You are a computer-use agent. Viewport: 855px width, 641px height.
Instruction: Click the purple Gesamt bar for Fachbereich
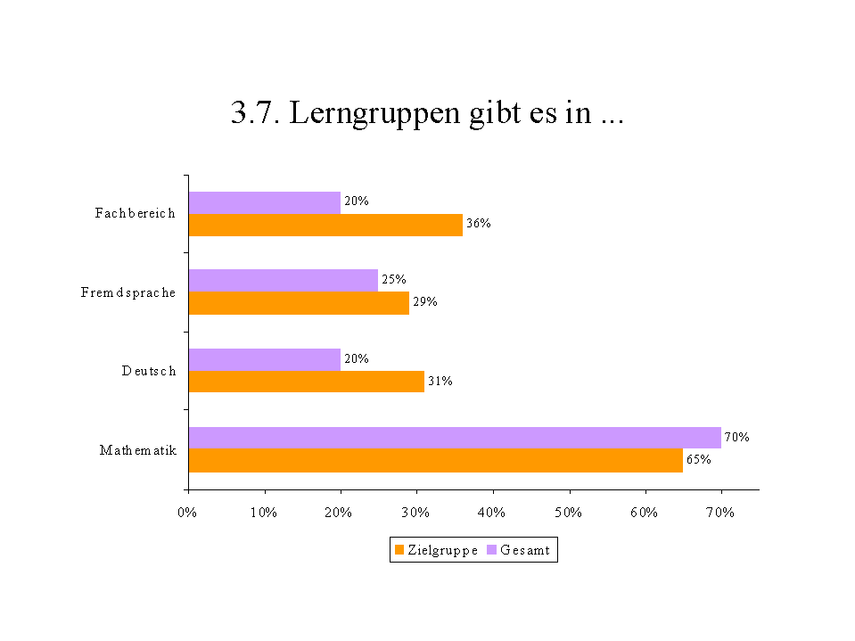(x=264, y=202)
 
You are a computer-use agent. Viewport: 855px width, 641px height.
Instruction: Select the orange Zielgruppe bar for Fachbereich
(x=325, y=225)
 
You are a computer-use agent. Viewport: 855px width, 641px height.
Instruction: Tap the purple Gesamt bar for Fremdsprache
(x=283, y=280)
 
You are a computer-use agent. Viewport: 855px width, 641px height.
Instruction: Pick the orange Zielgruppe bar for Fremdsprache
(x=299, y=303)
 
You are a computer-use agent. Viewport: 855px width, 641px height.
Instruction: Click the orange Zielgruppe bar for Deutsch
(x=306, y=382)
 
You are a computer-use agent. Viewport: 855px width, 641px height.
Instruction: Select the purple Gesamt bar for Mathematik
(x=455, y=438)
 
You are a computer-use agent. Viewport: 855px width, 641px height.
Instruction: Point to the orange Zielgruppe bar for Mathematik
(x=435, y=460)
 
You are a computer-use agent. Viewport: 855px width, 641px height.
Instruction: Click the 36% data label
(x=479, y=224)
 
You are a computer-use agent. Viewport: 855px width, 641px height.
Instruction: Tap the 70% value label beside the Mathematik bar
(x=736, y=438)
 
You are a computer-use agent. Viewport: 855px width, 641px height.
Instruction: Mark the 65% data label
(x=698, y=460)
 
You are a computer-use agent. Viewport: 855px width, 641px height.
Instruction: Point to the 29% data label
(x=424, y=302)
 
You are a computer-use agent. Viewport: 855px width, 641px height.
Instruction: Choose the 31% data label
(x=440, y=382)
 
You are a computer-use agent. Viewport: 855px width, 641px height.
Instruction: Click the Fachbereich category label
(x=136, y=213)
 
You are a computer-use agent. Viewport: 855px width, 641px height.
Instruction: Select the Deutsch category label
(x=149, y=371)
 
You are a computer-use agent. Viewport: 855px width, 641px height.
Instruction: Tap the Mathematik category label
(x=138, y=450)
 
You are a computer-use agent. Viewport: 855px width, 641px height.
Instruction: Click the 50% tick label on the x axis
(x=568, y=513)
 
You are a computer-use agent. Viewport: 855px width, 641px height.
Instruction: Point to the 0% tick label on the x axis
(x=187, y=513)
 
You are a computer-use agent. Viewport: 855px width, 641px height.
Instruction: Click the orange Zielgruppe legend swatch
(x=399, y=550)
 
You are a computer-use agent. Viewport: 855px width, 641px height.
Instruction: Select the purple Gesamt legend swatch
(x=491, y=550)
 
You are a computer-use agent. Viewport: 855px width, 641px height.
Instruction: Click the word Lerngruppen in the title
(x=375, y=115)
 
